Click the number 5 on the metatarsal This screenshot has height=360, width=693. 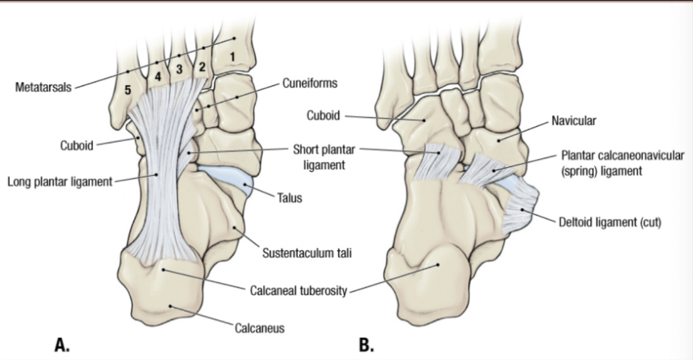click(128, 90)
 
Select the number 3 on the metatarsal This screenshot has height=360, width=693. click(179, 69)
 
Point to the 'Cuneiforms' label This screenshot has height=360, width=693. click(305, 83)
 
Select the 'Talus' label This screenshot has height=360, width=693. click(289, 197)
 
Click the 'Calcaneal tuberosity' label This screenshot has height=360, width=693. click(299, 291)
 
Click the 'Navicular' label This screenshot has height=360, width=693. click(573, 121)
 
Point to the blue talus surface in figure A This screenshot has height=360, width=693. click(224, 177)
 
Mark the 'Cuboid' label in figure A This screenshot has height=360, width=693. click(77, 146)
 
